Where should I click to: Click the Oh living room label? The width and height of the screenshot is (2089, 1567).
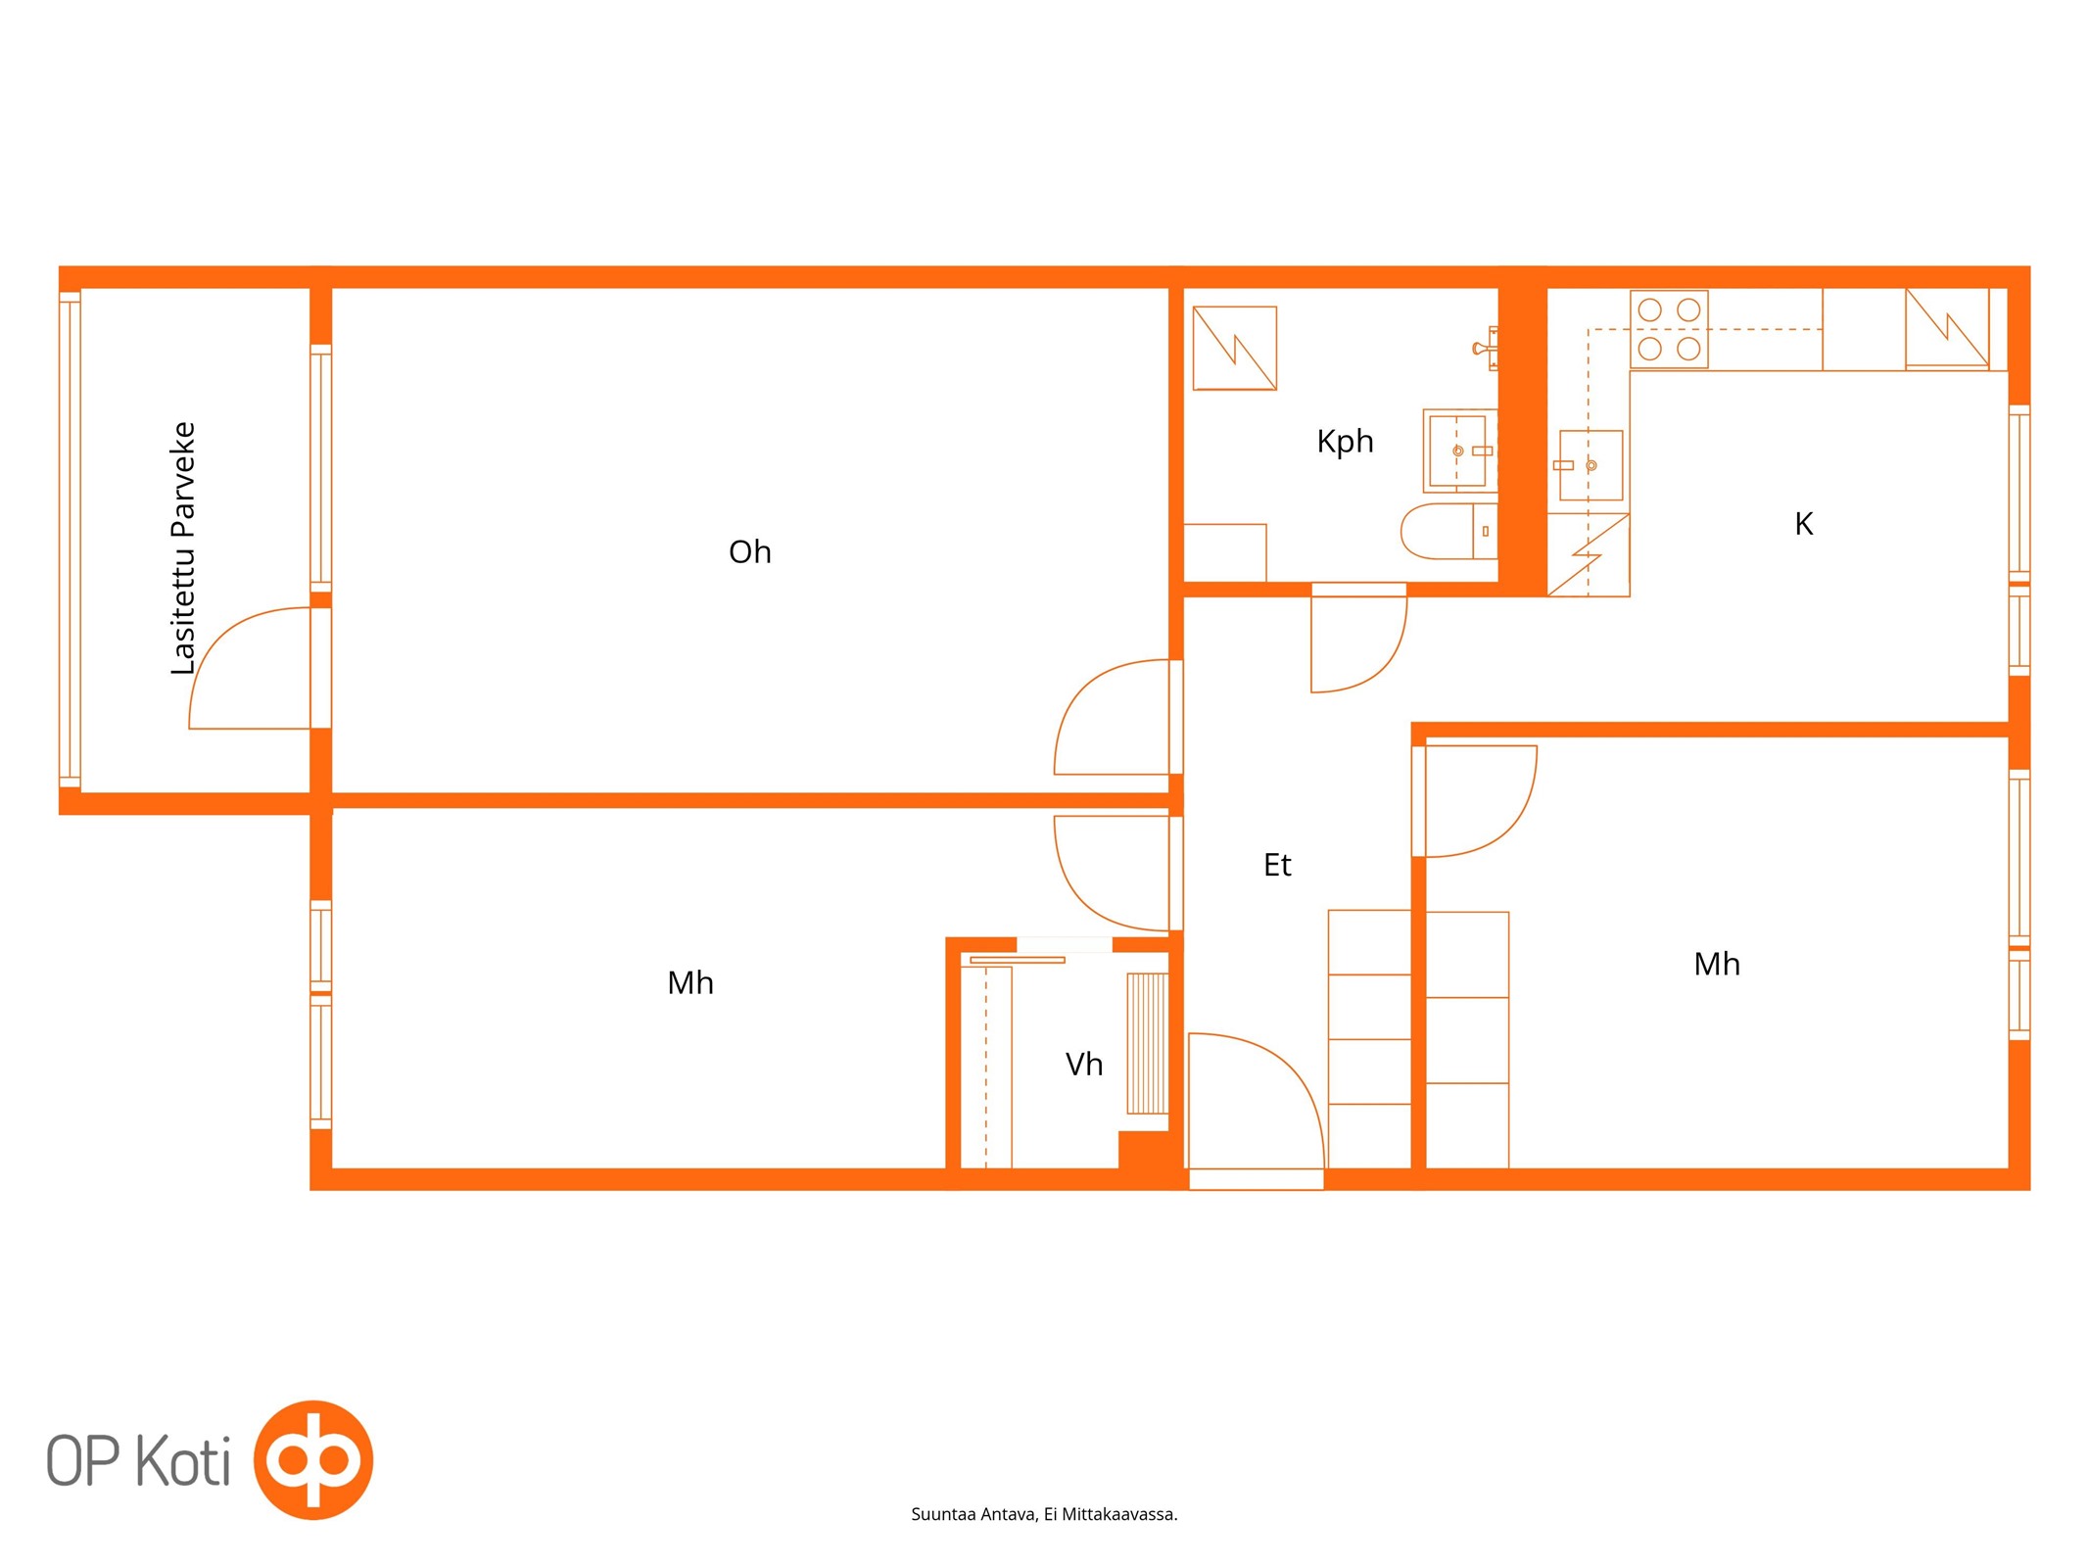pos(749,552)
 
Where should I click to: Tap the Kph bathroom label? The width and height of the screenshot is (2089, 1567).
pos(1345,442)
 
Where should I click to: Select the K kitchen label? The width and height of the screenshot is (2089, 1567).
pos(1803,524)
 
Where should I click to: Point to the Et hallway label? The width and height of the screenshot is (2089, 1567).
pos(1277,865)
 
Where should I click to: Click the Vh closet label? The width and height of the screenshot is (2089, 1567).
pos(1083,1065)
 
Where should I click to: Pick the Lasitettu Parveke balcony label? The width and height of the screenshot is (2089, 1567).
pos(183,548)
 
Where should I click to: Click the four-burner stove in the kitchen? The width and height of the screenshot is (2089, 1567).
pos(1669,329)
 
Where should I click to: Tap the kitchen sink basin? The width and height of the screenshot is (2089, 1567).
pos(1590,465)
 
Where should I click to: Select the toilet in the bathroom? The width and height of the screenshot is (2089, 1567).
pos(1449,532)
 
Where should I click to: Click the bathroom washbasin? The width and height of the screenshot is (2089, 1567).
pos(1459,451)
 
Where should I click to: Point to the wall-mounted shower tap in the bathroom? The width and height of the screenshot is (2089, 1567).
pos(1486,349)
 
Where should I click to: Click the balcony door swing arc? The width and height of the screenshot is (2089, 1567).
pos(223,637)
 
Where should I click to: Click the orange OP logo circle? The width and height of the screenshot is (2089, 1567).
pos(313,1460)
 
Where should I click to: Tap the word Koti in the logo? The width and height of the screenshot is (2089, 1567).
pos(182,1461)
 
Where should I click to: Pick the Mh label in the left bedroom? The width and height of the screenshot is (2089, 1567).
pos(690,983)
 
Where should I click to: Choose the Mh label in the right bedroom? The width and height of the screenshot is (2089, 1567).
pos(1717,965)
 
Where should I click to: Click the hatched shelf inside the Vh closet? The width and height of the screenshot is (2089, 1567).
pos(1147,1043)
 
